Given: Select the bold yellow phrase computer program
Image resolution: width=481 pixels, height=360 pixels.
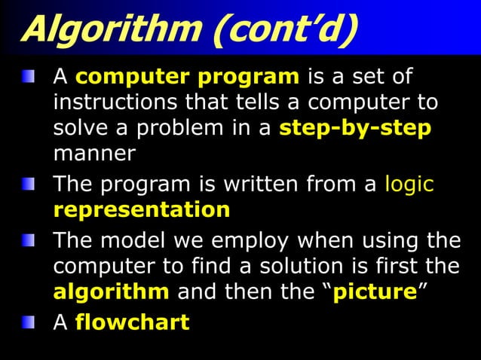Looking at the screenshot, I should point(188,77).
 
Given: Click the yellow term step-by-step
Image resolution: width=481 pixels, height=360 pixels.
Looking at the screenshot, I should point(355,127).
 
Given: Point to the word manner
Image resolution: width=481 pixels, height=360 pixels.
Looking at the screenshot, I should point(94,153).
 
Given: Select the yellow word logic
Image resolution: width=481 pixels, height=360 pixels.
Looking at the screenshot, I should point(409,185).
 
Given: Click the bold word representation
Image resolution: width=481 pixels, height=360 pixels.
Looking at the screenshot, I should point(142,209).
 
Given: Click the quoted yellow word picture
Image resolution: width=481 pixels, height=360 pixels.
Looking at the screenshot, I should point(375,291).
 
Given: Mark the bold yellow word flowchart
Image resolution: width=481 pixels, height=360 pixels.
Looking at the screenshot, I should point(132,323).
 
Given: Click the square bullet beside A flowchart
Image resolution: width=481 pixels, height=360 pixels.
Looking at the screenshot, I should point(28,322).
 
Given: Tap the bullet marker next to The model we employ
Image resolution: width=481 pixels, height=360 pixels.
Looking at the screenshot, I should point(28,241).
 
